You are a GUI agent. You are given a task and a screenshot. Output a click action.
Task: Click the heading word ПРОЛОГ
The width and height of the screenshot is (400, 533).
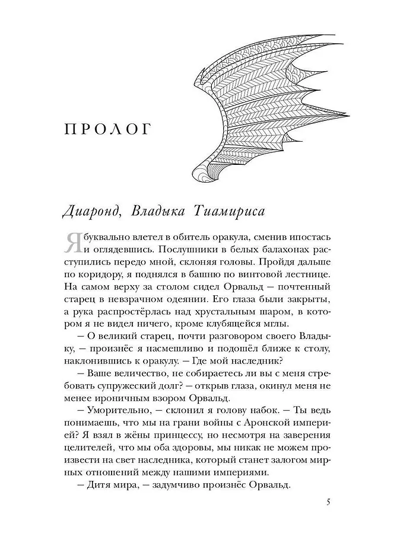click(x=110, y=129)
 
